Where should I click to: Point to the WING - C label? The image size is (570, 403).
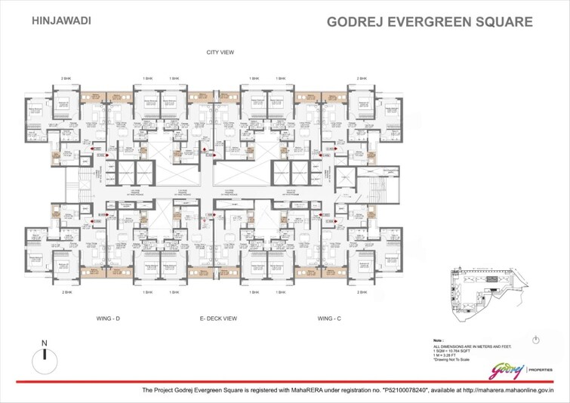(x=328, y=318)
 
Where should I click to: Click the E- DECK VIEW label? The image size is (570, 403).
(x=218, y=318)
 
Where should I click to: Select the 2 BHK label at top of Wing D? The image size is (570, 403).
(x=66, y=78)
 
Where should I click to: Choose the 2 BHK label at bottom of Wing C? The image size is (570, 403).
(x=364, y=291)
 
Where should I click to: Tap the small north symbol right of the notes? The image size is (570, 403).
(x=535, y=339)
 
